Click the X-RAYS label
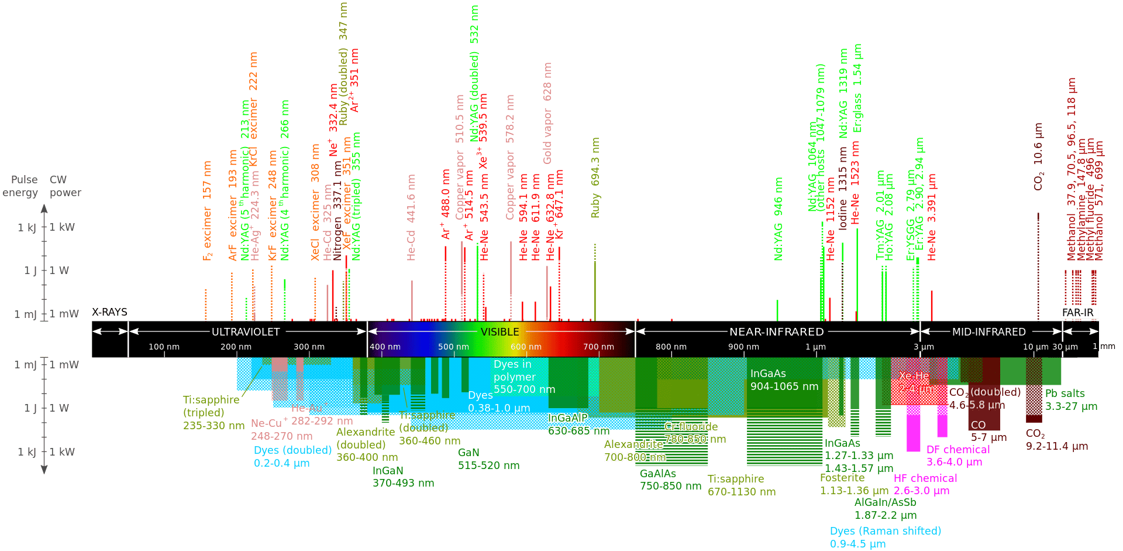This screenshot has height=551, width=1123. click(109, 312)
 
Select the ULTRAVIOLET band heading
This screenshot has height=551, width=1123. click(246, 332)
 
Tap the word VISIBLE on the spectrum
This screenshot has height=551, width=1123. click(500, 332)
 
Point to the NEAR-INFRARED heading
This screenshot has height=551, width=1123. click(776, 332)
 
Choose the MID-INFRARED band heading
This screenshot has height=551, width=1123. click(988, 332)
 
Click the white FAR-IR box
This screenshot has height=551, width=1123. click(1079, 313)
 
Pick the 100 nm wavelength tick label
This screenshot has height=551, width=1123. click(164, 347)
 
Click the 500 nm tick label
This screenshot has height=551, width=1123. click(453, 347)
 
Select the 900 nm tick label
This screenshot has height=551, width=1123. click(743, 347)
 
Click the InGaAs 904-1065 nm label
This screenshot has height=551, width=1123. click(784, 380)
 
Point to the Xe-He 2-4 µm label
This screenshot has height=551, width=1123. click(917, 382)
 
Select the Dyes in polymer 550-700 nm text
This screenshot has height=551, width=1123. click(524, 377)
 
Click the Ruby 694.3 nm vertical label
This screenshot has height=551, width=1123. click(595, 178)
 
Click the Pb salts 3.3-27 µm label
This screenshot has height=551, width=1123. click(1070, 400)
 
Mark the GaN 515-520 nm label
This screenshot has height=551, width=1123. click(488, 459)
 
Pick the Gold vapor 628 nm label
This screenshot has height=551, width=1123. click(547, 114)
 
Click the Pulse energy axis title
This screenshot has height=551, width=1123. click(23, 186)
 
